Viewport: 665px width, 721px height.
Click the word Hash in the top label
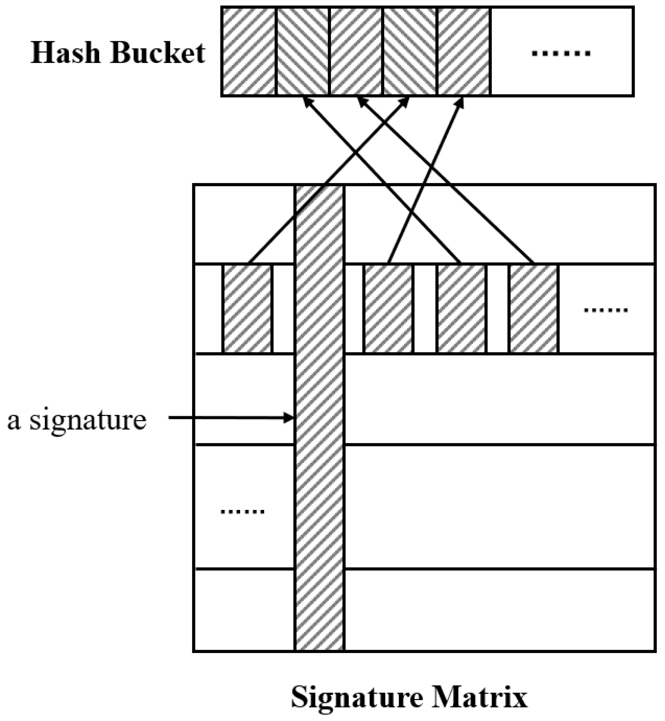[65, 53]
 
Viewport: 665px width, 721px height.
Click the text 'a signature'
[77, 420]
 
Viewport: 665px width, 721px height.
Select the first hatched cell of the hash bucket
[249, 51]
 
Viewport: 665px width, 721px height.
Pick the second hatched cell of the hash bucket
[302, 51]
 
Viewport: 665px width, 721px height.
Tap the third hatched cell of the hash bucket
[356, 51]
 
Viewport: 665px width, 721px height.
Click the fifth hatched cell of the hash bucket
[464, 51]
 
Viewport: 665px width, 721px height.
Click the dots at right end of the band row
[606, 310]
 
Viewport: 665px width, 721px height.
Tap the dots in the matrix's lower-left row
[242, 512]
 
